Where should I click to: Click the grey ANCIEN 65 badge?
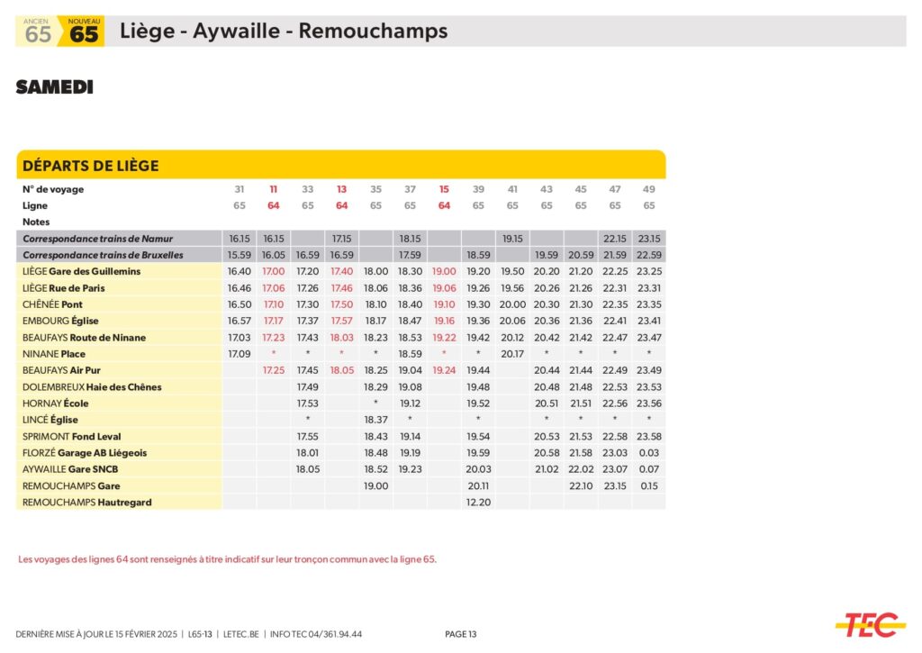coord(38,32)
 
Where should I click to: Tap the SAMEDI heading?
coord(54,87)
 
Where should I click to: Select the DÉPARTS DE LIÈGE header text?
coord(90,166)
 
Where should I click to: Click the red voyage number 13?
coord(341,189)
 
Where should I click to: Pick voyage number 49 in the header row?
coord(648,189)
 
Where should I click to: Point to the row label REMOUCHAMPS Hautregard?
coord(87,502)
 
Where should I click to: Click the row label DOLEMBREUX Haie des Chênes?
coord(92,386)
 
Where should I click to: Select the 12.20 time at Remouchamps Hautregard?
coord(478,502)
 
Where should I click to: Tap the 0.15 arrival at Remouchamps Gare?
coord(648,485)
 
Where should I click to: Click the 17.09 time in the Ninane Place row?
coord(239,354)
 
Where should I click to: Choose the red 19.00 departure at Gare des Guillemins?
coord(444,271)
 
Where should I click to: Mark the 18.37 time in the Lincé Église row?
coord(375,420)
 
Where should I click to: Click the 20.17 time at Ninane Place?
coord(512,354)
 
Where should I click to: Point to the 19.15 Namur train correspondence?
coord(512,239)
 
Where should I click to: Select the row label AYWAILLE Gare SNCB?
coord(70,469)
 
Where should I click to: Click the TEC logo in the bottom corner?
coord(869,624)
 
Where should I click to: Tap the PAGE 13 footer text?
coord(461,634)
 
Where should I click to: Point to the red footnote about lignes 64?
coord(227,559)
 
